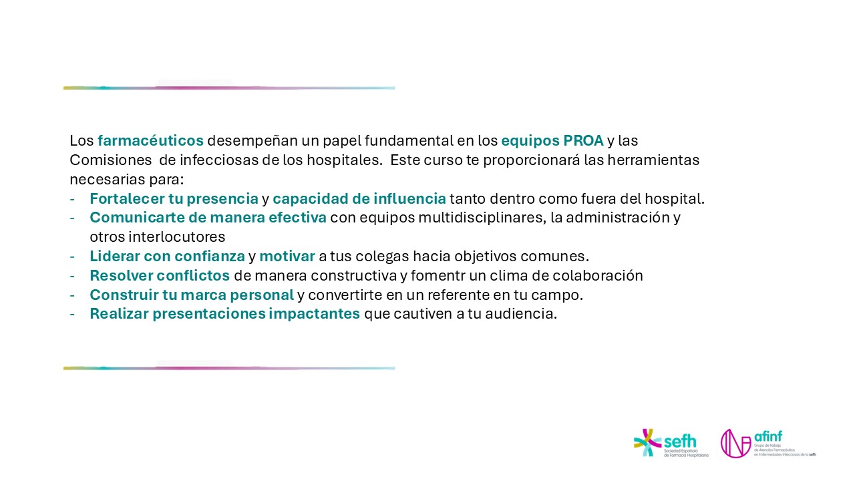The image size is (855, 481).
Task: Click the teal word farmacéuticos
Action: tap(150, 140)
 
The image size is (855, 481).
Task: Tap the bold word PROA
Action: tap(583, 140)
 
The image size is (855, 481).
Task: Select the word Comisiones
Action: tap(111, 160)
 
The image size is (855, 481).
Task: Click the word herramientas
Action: tap(653, 160)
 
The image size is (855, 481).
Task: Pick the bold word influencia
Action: tap(409, 198)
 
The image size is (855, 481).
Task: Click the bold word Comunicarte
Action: tap(137, 218)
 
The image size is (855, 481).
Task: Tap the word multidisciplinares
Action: tap(482, 218)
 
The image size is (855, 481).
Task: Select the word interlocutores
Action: tap(177, 237)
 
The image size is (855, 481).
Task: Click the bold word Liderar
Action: tap(115, 256)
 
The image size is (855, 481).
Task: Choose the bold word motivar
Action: tap(287, 256)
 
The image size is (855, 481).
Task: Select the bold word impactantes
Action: tap(314, 314)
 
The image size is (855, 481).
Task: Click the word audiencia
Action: tap(521, 314)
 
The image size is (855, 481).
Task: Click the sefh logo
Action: tap(671, 443)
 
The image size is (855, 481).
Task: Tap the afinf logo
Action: tap(768, 443)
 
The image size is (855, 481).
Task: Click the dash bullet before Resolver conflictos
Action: tap(72, 276)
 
